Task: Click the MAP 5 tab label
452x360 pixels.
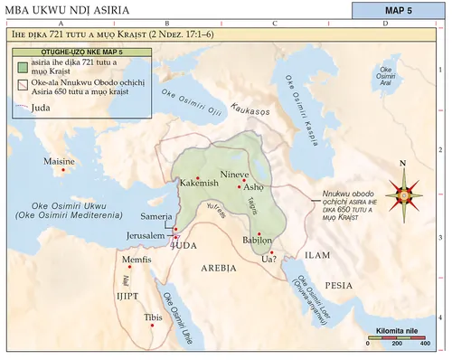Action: pos(399,11)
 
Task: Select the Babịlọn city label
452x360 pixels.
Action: pos(258,242)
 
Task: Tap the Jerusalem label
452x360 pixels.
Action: pos(146,236)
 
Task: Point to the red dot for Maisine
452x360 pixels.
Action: pos(62,170)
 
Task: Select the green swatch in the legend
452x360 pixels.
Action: pos(22,68)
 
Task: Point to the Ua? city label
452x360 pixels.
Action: pos(268,261)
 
